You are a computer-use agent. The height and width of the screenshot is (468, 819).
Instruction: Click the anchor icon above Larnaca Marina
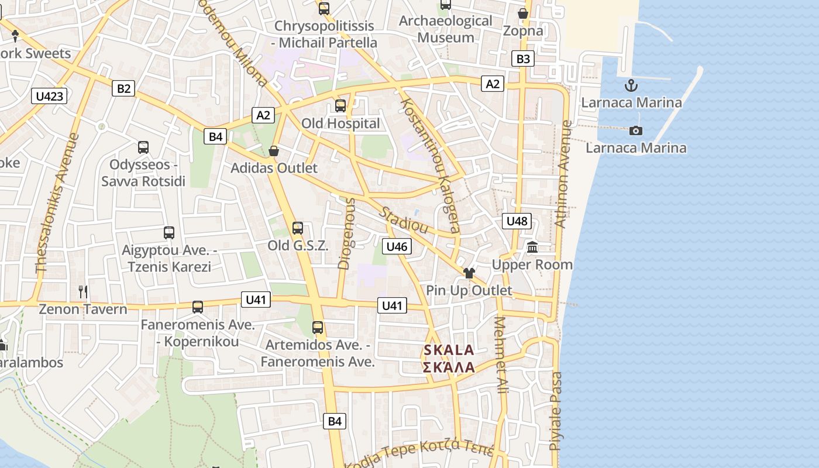tap(631, 86)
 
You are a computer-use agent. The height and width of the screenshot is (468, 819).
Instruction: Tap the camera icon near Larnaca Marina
tap(635, 130)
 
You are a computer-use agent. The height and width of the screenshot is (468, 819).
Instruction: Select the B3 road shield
tap(523, 58)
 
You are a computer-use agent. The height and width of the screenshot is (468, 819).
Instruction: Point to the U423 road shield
tap(49, 96)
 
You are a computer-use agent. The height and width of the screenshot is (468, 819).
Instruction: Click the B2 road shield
tap(123, 88)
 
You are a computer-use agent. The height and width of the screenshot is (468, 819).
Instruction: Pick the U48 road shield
tap(517, 221)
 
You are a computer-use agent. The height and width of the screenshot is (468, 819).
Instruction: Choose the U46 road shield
tap(397, 246)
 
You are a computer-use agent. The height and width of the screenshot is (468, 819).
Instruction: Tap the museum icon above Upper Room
tap(532, 247)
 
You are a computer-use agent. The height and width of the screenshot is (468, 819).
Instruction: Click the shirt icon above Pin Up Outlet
tap(469, 273)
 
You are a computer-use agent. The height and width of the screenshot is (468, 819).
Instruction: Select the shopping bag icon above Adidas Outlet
tap(273, 152)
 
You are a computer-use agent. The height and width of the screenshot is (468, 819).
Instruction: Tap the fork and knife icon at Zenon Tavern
tap(82, 291)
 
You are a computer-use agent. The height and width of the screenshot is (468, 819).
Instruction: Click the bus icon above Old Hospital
tap(340, 106)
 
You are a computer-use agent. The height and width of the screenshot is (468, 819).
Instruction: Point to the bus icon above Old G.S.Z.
tap(298, 228)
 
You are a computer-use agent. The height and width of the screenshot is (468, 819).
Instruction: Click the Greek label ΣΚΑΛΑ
tap(449, 367)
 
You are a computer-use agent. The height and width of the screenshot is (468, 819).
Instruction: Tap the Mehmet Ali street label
tap(501, 355)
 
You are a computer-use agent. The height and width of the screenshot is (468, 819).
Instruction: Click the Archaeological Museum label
tap(446, 29)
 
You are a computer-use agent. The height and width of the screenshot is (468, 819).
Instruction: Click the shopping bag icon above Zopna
tap(523, 13)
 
